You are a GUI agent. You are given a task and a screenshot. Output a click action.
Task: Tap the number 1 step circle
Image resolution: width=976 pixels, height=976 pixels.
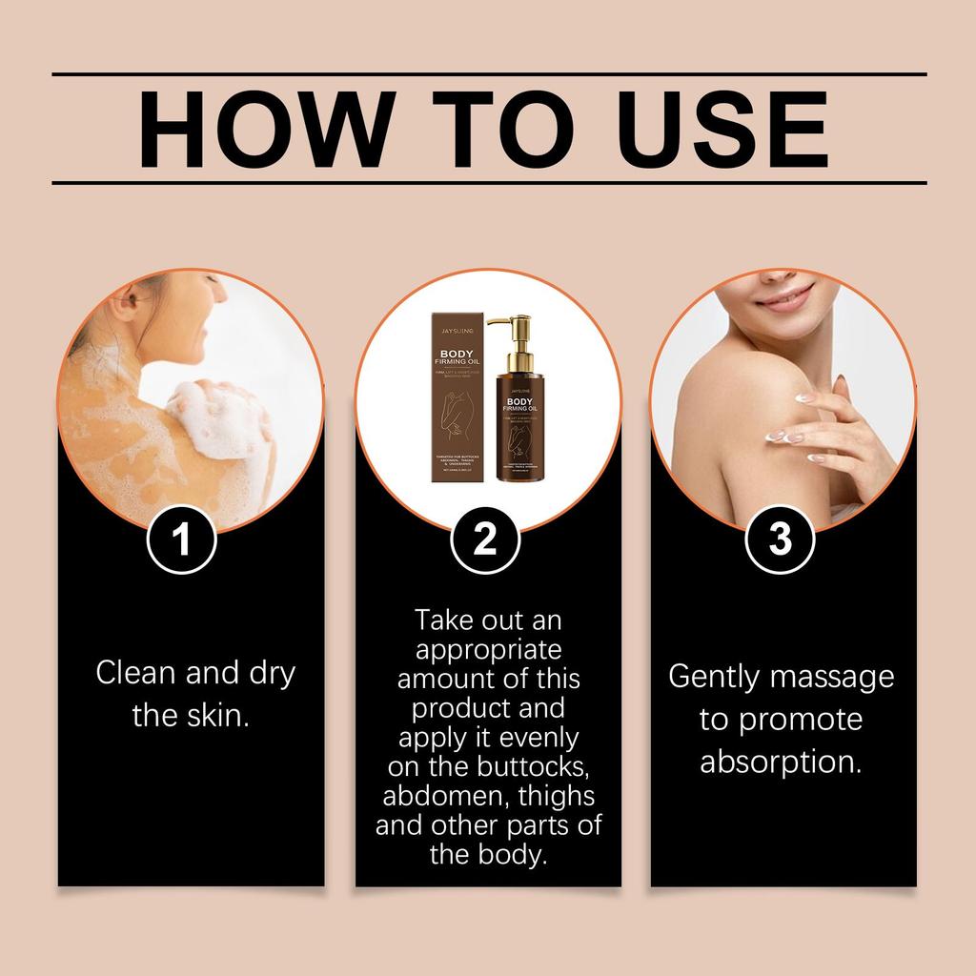point(181,540)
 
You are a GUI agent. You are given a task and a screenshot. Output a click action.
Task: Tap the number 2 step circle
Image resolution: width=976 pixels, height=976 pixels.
point(485,540)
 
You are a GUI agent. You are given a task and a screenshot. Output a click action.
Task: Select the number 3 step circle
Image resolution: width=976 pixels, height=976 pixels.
point(781,540)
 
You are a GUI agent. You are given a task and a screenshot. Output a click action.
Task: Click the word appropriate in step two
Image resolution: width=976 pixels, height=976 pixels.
point(488,651)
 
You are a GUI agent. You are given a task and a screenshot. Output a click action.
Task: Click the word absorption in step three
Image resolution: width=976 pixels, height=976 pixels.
point(781,762)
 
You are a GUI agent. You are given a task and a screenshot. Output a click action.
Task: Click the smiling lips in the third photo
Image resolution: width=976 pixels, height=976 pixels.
point(783,296)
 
